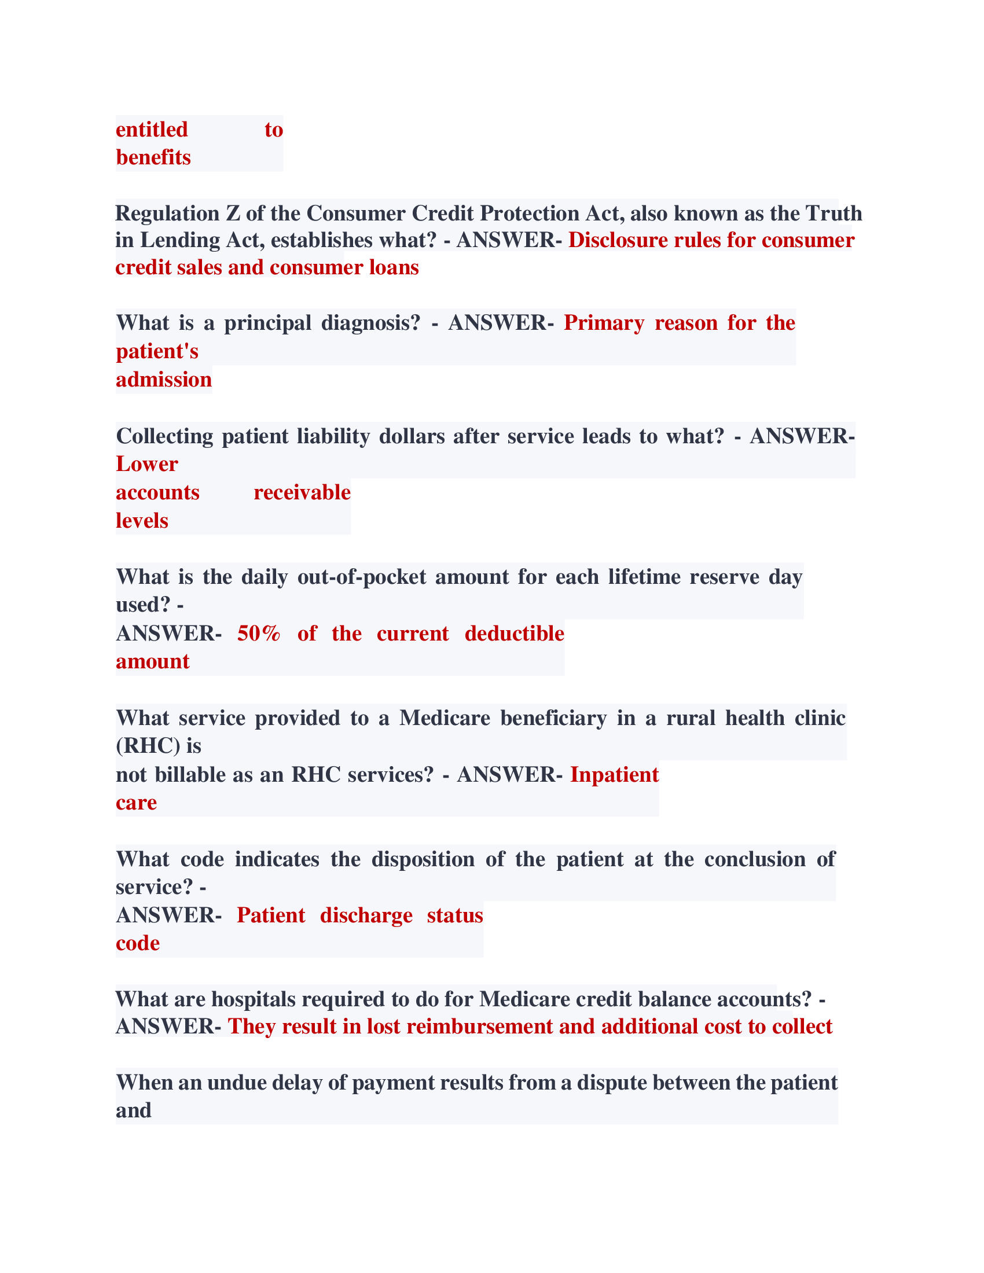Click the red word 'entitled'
pyautogui.click(x=152, y=130)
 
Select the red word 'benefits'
pyautogui.click(x=153, y=157)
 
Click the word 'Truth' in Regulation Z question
pyautogui.click(x=834, y=214)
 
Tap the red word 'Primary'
pyautogui.click(x=604, y=323)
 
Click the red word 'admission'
pyautogui.click(x=164, y=380)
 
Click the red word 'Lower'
pyautogui.click(x=147, y=464)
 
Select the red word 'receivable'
pyautogui.click(x=302, y=492)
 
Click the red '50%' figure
pyautogui.click(x=259, y=634)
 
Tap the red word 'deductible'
pyautogui.click(x=514, y=634)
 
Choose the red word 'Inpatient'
pyautogui.click(x=614, y=775)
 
